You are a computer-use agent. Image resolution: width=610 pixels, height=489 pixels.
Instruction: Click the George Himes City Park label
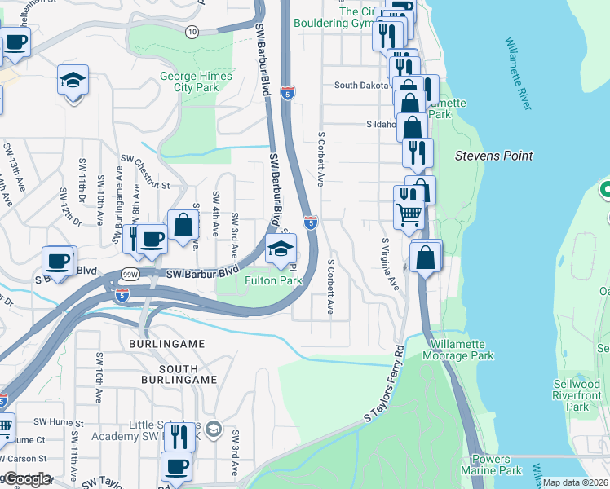click(x=196, y=81)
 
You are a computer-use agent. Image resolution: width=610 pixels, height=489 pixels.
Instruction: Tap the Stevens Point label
click(x=494, y=156)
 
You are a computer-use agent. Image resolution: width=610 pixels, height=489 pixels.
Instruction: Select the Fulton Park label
click(x=274, y=280)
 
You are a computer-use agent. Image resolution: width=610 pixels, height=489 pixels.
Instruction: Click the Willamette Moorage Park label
click(x=458, y=350)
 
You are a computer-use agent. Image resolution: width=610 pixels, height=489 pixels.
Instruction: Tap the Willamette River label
click(x=522, y=73)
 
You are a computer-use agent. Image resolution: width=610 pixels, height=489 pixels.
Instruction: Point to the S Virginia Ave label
click(x=390, y=265)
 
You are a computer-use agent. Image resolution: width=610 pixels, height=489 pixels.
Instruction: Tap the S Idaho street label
click(x=380, y=125)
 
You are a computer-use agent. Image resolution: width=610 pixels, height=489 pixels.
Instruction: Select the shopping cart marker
click(x=409, y=215)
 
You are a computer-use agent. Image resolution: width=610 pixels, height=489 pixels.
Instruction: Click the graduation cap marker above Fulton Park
click(x=281, y=249)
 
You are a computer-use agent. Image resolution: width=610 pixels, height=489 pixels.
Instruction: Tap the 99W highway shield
click(x=129, y=275)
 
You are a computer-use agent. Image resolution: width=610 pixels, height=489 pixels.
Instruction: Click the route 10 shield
click(x=192, y=32)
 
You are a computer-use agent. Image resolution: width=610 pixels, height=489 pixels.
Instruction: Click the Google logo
click(x=26, y=479)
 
